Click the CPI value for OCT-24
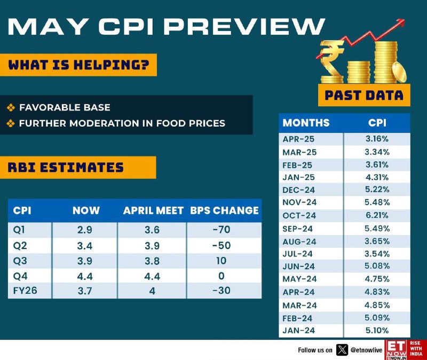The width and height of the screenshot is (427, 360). pos(377,215)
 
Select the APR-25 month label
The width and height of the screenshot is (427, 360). pos(298,139)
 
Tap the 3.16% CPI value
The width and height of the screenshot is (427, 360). pos(377,139)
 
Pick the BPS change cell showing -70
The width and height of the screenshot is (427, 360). pos(222,230)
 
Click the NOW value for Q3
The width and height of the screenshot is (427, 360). pos(85,261)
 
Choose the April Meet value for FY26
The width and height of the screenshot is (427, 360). pos(152,291)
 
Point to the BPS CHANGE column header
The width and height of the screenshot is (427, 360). pos(224,210)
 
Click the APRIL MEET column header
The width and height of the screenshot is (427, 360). pos(153,210)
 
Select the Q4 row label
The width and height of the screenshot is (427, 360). pos(20,276)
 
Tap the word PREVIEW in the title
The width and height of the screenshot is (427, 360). pos(244,27)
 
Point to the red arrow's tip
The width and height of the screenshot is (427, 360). pos(405,20)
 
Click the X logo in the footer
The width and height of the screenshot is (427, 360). pos(342,350)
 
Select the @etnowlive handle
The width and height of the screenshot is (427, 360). pos(366,350)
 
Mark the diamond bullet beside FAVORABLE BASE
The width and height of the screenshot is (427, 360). pos(11,107)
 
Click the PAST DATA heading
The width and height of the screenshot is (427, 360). pos(364,96)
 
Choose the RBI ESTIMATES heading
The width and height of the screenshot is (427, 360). pos(66,167)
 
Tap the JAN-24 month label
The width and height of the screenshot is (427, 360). pos(298,331)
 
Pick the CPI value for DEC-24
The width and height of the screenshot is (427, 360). pos(377,190)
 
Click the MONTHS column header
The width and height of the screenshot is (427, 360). pos(306,123)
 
